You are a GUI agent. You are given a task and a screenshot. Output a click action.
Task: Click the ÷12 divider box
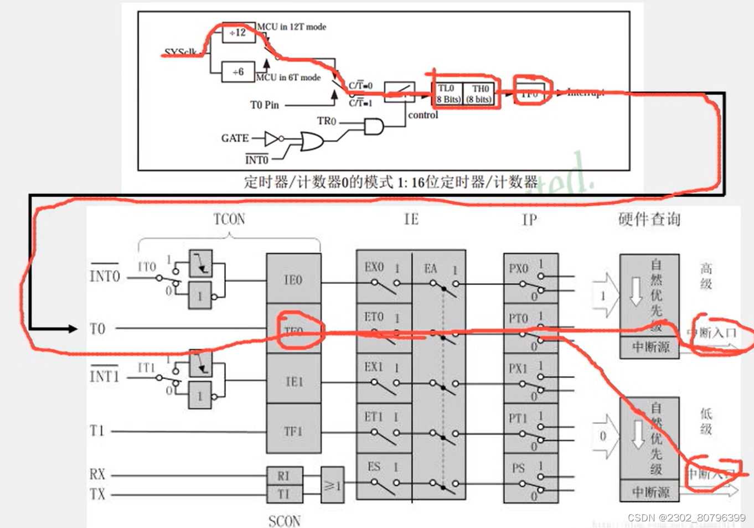[239, 33]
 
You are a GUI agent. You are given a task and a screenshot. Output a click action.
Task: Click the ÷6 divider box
[238, 72]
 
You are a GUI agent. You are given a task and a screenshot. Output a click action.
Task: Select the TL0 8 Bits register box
[447, 94]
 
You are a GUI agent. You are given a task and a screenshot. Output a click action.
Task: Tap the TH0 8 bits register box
[479, 94]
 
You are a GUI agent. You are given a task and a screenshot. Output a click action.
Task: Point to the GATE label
[235, 138]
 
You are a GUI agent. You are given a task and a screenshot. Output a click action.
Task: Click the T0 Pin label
[265, 105]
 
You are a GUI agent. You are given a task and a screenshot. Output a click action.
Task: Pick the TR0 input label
[326, 121]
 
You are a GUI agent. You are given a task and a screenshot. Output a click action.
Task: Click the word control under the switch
[423, 115]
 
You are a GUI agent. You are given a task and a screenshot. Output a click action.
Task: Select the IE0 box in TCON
[293, 279]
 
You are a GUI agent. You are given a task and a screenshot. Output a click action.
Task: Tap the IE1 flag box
[293, 381]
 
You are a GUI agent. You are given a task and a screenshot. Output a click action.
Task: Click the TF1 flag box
[293, 431]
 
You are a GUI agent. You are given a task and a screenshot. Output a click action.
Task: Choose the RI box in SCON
[284, 475]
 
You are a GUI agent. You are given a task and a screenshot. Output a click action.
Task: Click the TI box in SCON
[284, 494]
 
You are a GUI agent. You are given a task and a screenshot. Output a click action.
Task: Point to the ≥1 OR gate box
[332, 485]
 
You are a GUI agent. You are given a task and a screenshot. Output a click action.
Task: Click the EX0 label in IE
[374, 267]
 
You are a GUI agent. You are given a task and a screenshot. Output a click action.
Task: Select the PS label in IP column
[518, 468]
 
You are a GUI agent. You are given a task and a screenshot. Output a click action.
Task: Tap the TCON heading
[229, 219]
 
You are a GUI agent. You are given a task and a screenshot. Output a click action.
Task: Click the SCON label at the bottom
[285, 521]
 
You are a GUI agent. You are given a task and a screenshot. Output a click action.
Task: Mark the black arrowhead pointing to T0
[72, 329]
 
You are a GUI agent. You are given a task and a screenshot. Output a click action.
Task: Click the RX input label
[97, 474]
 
